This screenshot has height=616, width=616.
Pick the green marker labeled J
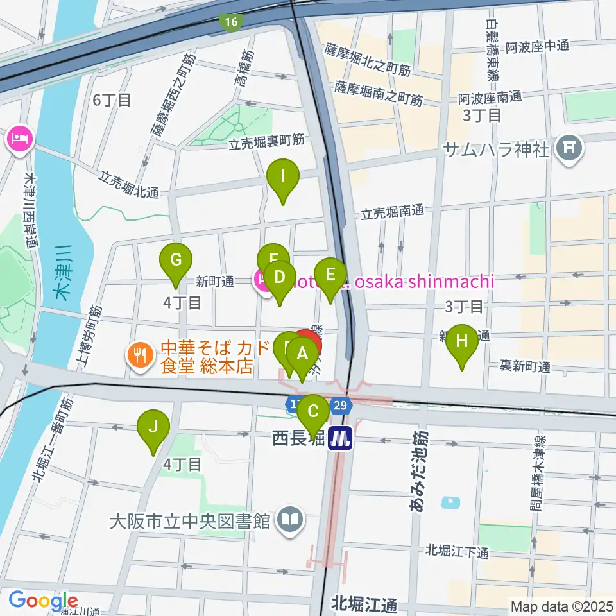click(x=153, y=427)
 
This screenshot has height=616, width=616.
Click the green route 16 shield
click(x=230, y=22)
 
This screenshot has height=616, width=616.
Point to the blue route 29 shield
click(x=341, y=405)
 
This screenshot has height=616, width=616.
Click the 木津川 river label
click(x=62, y=273)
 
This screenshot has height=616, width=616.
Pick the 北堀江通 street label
click(x=364, y=604)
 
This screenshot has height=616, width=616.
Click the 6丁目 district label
click(x=112, y=99)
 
